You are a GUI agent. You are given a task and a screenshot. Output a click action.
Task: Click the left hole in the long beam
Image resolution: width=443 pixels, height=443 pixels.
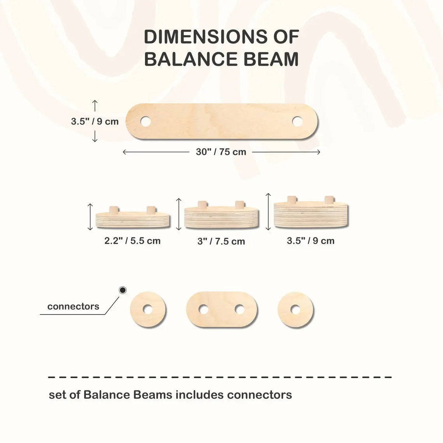[x=146, y=122]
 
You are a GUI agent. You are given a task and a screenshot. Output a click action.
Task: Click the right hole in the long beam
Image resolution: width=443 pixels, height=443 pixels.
[x=297, y=121]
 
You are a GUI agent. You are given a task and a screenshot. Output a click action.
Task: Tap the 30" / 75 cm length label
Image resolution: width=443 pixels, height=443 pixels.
[x=221, y=152]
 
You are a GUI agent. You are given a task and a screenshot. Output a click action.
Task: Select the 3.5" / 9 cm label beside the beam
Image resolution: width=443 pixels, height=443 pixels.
[x=94, y=121]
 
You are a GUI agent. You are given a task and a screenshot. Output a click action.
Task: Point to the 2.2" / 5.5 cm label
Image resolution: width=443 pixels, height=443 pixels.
[x=132, y=241]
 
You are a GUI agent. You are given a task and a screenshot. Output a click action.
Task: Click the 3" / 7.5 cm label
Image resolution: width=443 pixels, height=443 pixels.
[x=221, y=241]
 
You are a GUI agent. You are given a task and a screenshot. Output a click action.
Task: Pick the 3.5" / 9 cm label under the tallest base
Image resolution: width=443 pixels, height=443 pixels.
[x=310, y=241]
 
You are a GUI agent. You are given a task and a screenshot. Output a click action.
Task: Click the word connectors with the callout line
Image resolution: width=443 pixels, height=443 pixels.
[x=73, y=306]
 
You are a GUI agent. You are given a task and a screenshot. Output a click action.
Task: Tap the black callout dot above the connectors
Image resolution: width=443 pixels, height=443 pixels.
[x=123, y=290]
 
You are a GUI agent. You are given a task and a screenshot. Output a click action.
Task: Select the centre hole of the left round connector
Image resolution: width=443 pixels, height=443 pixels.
[x=148, y=310]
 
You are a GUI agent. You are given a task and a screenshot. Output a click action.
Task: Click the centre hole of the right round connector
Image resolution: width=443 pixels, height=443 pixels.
[x=295, y=310]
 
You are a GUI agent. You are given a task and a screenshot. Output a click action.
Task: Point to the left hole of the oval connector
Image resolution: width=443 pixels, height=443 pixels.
[x=203, y=310]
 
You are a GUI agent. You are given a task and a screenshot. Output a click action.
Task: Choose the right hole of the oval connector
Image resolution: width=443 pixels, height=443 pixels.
[x=240, y=310]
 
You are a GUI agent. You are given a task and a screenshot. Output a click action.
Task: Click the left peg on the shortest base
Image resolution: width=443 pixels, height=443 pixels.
[x=113, y=210]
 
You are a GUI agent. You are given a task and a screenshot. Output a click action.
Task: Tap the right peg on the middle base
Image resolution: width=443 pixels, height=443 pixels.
[x=239, y=205]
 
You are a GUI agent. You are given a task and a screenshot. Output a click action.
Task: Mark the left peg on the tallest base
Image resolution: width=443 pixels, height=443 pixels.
[x=291, y=200]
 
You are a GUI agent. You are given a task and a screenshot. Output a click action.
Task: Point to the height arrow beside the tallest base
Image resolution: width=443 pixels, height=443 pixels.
[x=268, y=211]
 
